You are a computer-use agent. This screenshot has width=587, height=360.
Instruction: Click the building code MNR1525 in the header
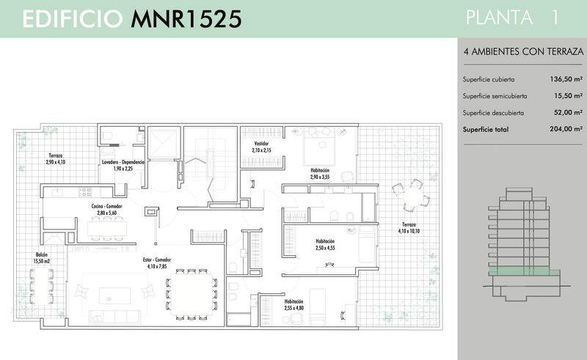tap(186, 19)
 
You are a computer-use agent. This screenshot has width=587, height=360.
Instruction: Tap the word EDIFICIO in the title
tap(73, 19)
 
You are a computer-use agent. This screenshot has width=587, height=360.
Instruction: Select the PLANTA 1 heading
tap(512, 18)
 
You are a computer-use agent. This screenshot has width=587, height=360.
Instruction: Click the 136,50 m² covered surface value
tap(566, 79)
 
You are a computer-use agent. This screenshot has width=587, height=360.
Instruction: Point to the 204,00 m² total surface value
tap(566, 129)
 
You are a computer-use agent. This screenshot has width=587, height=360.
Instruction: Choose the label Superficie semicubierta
tap(495, 96)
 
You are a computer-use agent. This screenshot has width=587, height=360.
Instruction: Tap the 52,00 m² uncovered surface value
tap(568, 112)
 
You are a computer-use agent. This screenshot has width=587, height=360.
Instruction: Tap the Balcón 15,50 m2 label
tap(42, 258)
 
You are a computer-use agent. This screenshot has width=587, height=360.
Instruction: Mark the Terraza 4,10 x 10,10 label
tap(409, 228)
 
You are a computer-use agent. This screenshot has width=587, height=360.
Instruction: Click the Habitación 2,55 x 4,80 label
tap(294, 304)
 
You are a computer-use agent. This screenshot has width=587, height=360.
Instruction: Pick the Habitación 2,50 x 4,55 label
tap(325, 245)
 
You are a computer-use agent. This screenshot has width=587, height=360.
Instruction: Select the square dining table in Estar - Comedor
tap(191, 294)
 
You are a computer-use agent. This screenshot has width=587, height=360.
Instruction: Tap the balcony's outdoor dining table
tap(41, 286)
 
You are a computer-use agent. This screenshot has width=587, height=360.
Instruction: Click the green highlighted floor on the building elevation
tap(524, 272)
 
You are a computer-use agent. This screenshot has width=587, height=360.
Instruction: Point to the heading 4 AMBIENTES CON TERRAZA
tap(523, 51)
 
